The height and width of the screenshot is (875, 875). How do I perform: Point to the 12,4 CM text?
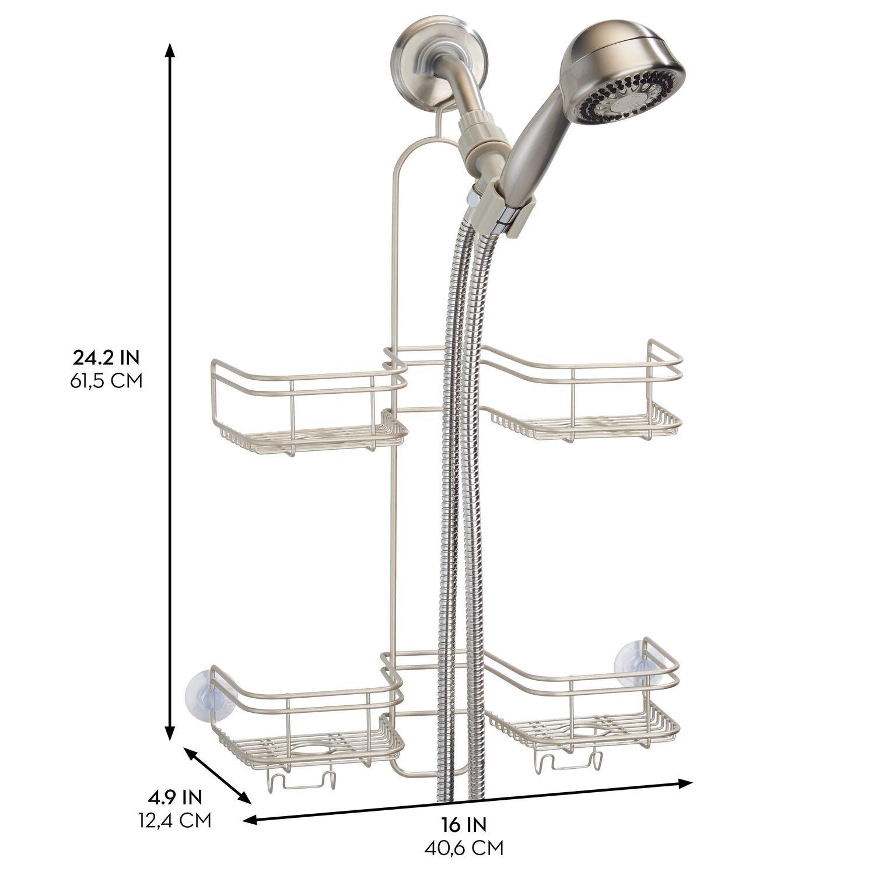[174, 820]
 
